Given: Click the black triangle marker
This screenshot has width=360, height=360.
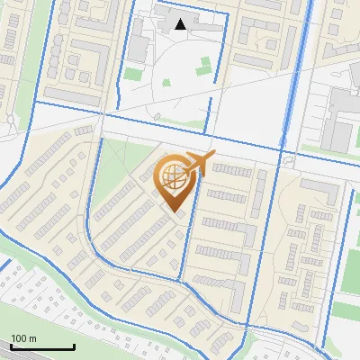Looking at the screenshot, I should (181, 24).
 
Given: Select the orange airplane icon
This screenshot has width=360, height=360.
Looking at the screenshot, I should (198, 163).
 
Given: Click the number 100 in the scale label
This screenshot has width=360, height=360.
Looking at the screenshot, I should (19, 338).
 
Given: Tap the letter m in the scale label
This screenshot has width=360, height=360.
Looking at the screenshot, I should (32, 338).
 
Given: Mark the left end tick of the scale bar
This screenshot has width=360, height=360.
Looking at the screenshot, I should (11, 346).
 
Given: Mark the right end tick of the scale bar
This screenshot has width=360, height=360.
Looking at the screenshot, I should (74, 346).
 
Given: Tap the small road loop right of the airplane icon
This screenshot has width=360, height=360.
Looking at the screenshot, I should (289, 160).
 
